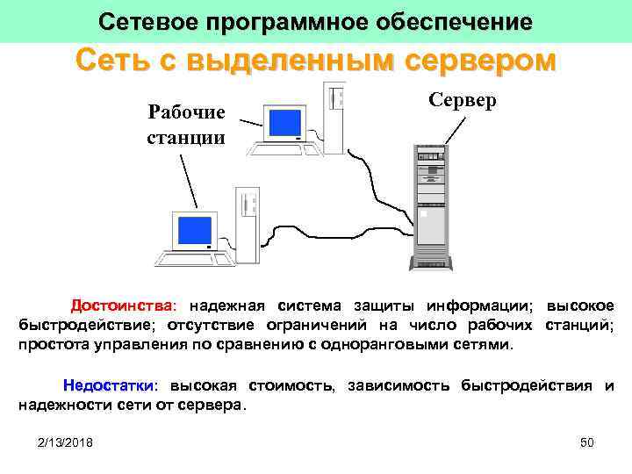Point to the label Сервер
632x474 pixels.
click(463, 100)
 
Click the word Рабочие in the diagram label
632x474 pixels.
click(186, 112)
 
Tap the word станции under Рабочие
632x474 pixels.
click(186, 138)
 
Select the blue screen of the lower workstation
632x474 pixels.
click(195, 230)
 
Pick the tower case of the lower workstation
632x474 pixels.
click(247, 224)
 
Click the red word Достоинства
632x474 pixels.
click(124, 306)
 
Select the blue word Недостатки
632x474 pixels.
click(110, 386)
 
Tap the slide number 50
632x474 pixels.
click(587, 443)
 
